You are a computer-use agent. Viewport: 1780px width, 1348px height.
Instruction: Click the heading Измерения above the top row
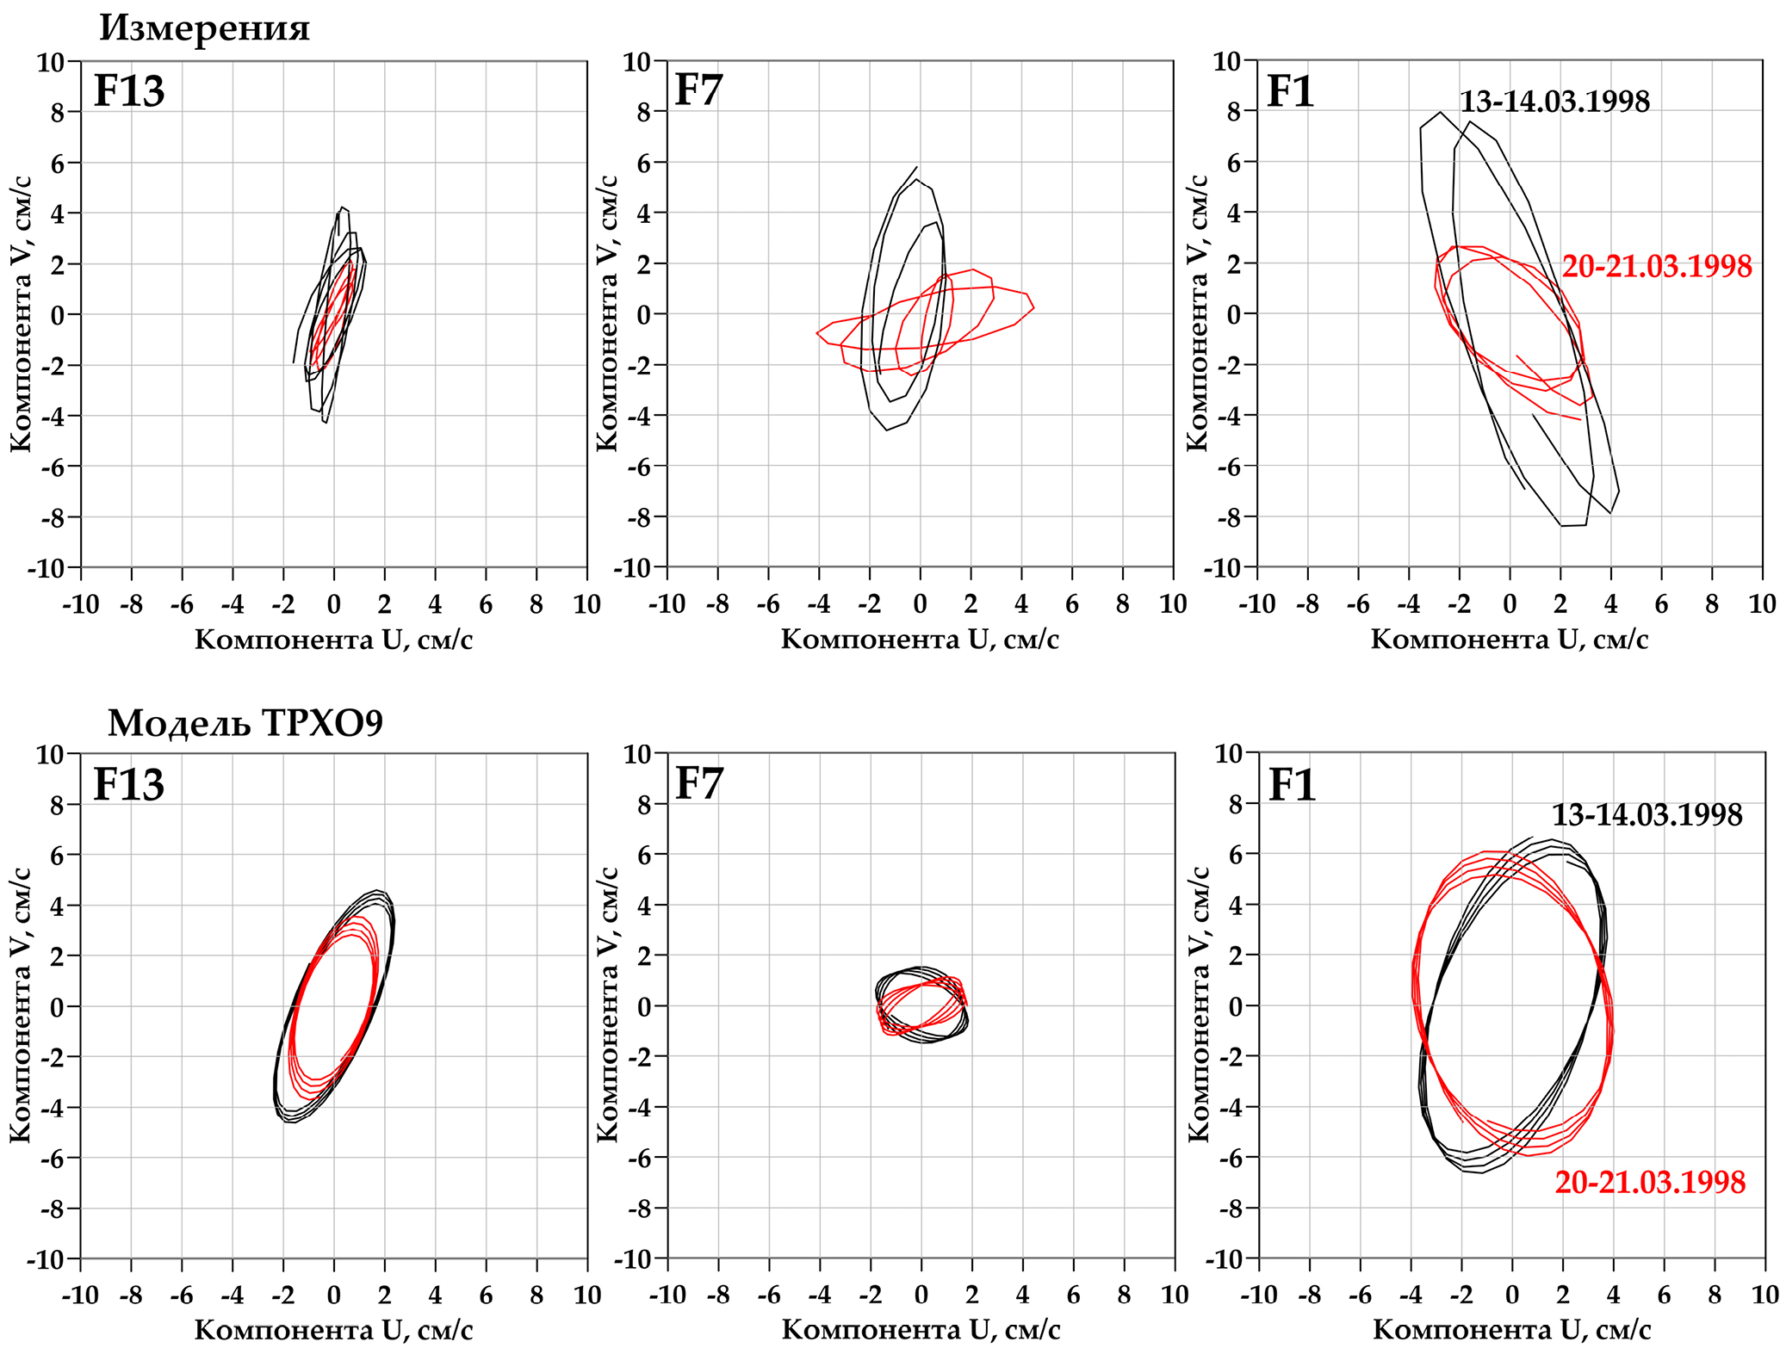(x=204, y=28)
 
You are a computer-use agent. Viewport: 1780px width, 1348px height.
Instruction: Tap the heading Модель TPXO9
(x=245, y=723)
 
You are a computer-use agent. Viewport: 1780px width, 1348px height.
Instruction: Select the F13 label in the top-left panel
(x=128, y=91)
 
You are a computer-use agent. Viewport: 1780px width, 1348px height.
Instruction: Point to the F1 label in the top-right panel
(x=1291, y=91)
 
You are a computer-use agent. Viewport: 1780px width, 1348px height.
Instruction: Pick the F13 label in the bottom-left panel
(x=128, y=784)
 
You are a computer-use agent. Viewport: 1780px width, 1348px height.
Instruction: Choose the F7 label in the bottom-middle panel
(x=699, y=783)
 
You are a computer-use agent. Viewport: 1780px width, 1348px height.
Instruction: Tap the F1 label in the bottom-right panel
(x=1293, y=785)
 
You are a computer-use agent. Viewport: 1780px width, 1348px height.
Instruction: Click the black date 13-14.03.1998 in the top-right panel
(x=1554, y=102)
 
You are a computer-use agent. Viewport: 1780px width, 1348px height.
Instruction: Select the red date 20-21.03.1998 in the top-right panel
(x=1657, y=267)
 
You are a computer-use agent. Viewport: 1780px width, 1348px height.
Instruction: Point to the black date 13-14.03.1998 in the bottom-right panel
(x=1647, y=815)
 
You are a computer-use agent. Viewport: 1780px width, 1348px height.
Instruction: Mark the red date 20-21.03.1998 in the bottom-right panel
(x=1650, y=1182)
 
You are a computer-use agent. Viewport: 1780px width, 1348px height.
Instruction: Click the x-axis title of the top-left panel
(x=333, y=639)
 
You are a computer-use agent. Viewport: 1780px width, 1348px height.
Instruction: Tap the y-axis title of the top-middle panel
(x=607, y=313)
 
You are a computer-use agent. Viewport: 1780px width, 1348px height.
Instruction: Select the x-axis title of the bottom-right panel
(x=1511, y=1329)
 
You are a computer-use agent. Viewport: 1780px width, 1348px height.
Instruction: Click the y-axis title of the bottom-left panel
(x=21, y=1005)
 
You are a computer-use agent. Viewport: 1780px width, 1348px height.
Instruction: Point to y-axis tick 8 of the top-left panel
(x=58, y=113)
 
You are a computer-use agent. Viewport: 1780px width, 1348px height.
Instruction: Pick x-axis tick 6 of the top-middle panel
(x=1072, y=604)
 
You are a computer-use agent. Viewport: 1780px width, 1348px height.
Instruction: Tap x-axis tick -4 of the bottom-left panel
(x=233, y=1295)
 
